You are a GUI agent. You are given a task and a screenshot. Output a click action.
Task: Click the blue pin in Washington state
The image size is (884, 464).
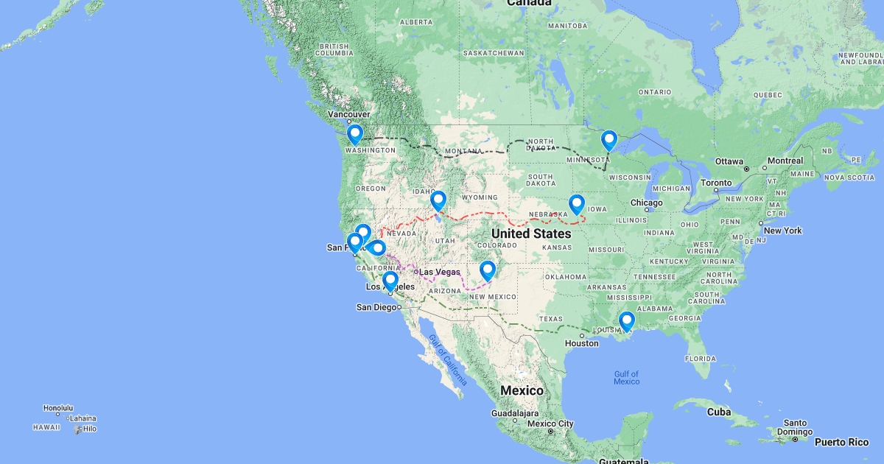point(355,134)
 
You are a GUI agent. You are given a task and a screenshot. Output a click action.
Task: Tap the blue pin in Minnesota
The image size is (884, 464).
point(608,139)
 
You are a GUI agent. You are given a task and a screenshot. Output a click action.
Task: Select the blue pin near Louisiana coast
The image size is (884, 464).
point(627,321)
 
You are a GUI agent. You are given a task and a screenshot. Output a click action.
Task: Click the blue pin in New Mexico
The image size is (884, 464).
point(487,270)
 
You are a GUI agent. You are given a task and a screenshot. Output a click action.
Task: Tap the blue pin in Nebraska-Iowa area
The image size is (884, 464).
point(577,204)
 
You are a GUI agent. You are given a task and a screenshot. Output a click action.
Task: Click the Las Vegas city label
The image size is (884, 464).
point(440,272)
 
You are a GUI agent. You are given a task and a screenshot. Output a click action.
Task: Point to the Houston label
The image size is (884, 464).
point(582,343)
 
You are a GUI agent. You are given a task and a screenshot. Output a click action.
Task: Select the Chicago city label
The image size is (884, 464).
point(647,203)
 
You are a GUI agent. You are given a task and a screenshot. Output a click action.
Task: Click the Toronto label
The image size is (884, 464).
point(716,182)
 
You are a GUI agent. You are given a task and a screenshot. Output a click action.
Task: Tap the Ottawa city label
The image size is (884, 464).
point(729,161)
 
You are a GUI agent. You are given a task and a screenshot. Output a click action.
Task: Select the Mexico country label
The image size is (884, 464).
point(522,390)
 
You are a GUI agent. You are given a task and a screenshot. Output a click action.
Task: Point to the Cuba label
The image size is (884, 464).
point(719,412)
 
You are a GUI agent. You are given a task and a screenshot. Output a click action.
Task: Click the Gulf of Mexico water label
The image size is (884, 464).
point(626,378)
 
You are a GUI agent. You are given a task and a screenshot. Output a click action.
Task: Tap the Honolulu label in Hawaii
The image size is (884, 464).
point(58,408)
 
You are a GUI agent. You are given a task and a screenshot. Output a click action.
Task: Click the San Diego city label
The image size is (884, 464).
point(376,307)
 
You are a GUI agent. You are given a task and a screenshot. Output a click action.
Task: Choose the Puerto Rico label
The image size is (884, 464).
point(841,442)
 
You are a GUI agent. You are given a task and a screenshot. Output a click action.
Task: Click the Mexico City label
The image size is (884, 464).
point(550,423)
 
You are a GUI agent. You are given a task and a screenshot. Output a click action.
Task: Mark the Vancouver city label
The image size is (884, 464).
point(349,115)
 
